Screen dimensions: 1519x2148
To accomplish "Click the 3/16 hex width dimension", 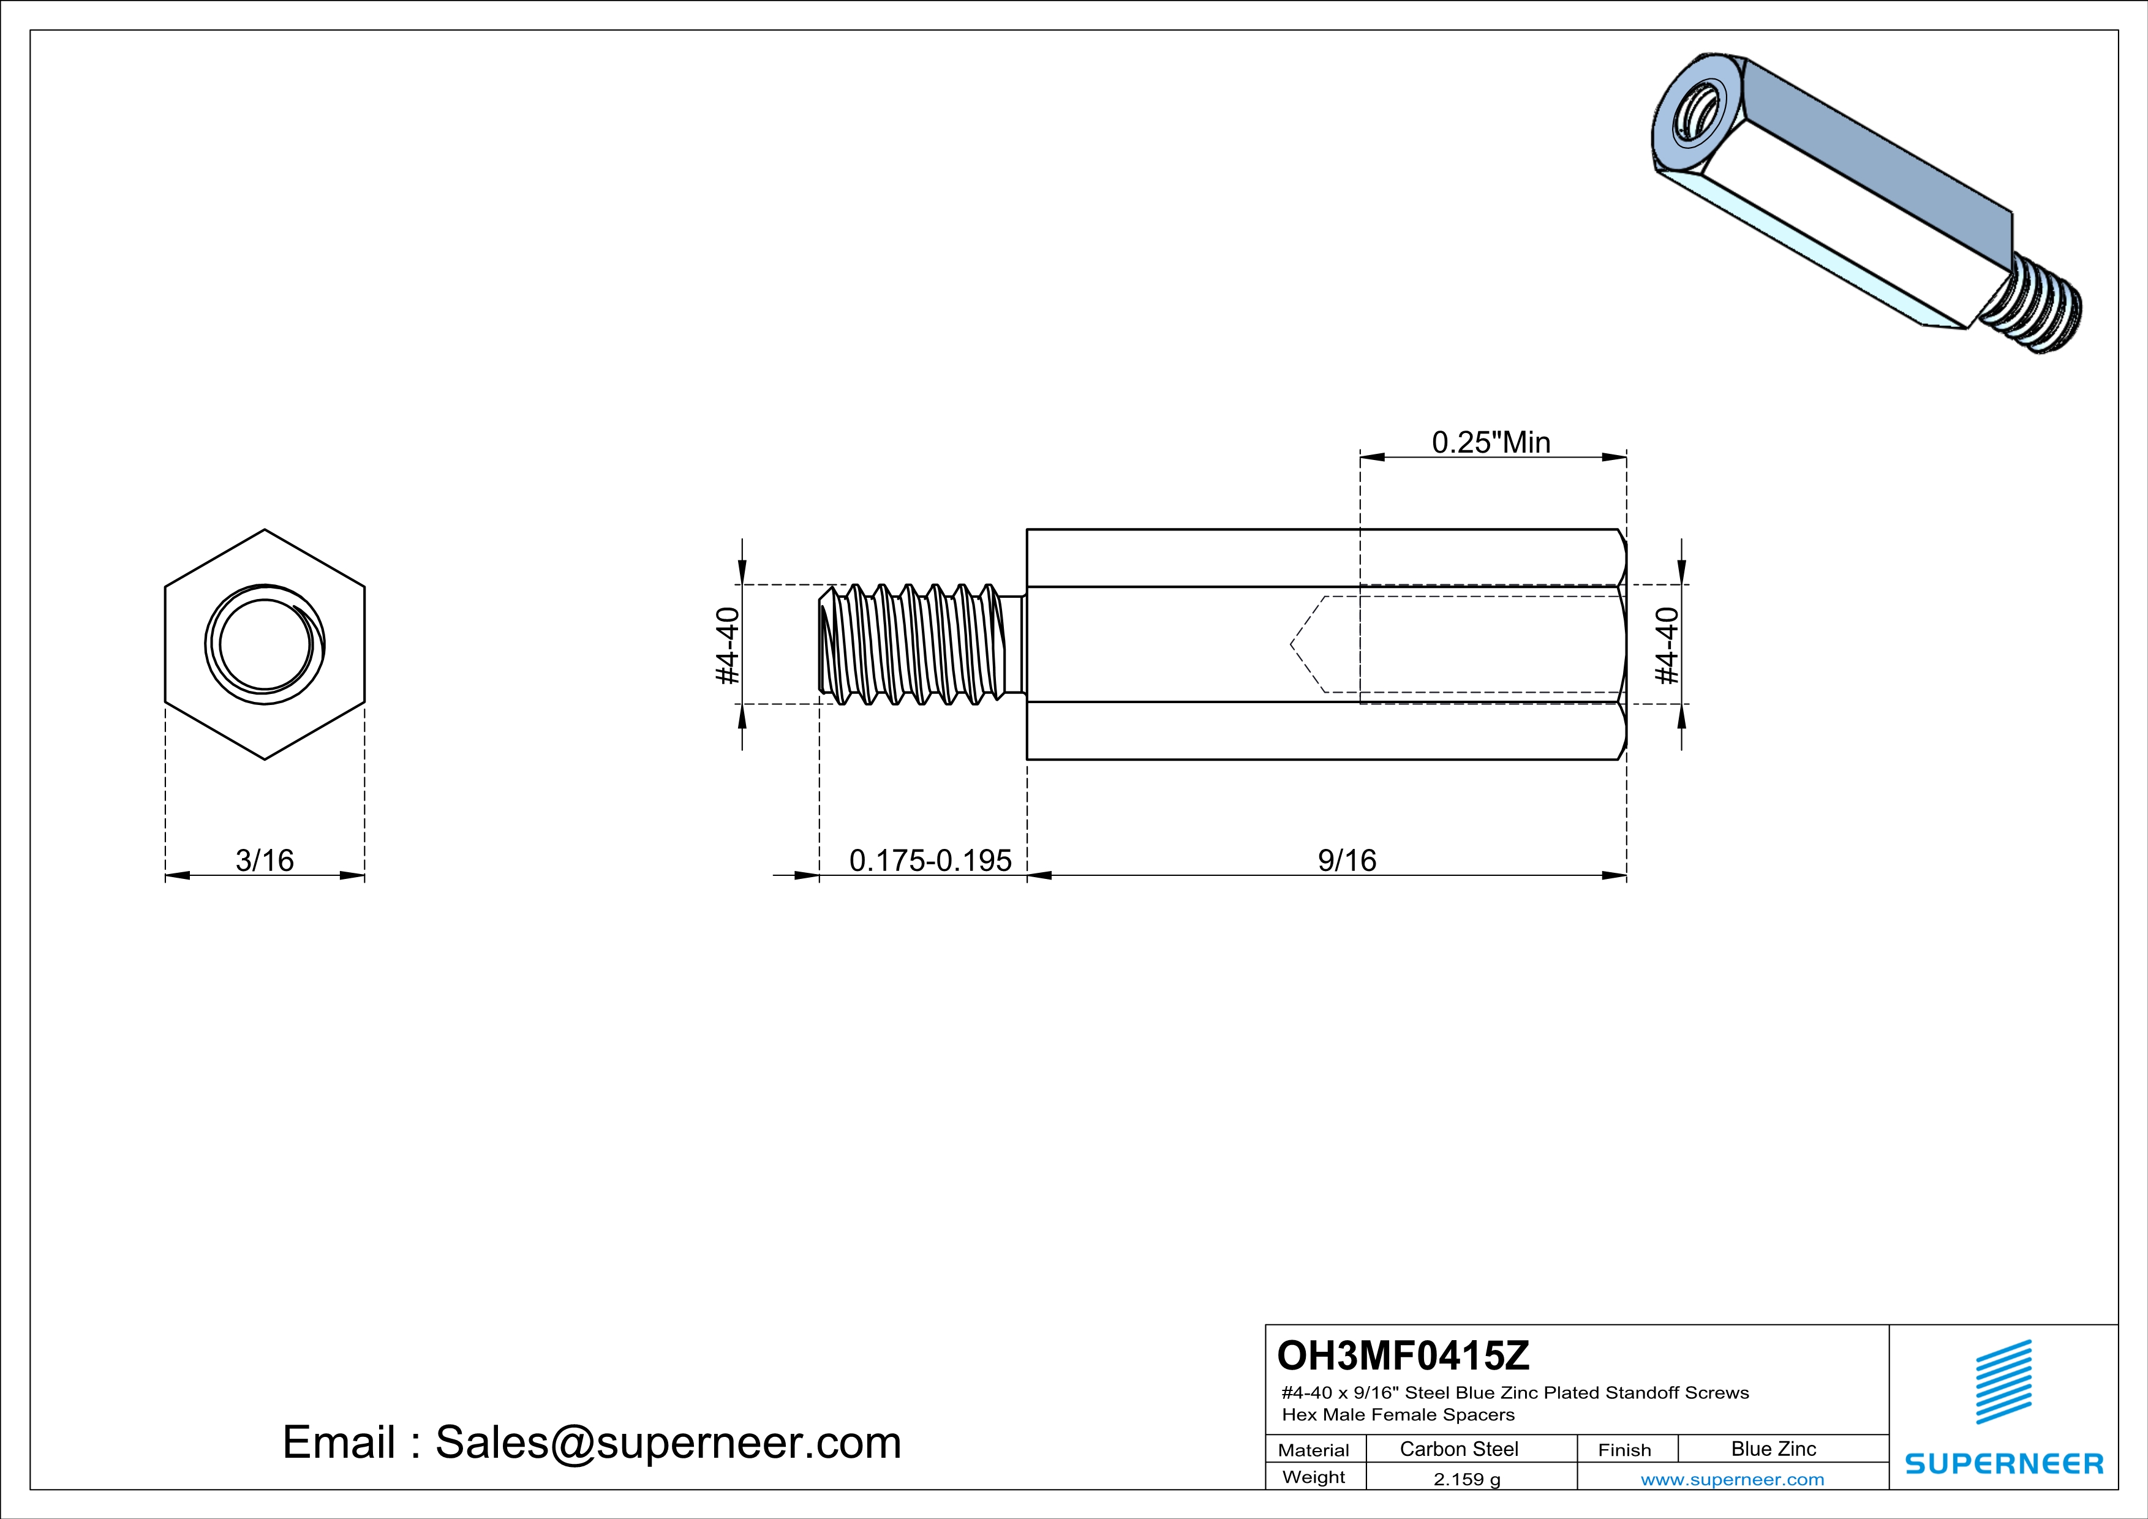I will click(265, 859).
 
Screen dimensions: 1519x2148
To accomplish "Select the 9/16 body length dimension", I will click(1346, 859).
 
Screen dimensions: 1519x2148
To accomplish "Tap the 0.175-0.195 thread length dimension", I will click(930, 859).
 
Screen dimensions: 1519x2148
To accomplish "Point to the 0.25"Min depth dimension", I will click(1491, 442).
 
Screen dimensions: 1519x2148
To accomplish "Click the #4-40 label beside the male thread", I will click(728, 646).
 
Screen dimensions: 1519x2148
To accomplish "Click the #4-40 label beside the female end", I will click(1668, 646).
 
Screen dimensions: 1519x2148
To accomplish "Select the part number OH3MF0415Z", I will click(1403, 1354).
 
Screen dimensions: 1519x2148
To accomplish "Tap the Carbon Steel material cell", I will click(1458, 1449).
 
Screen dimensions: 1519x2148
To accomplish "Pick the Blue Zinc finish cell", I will click(1773, 1449).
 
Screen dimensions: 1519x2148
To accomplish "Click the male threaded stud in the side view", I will click(917, 646).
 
